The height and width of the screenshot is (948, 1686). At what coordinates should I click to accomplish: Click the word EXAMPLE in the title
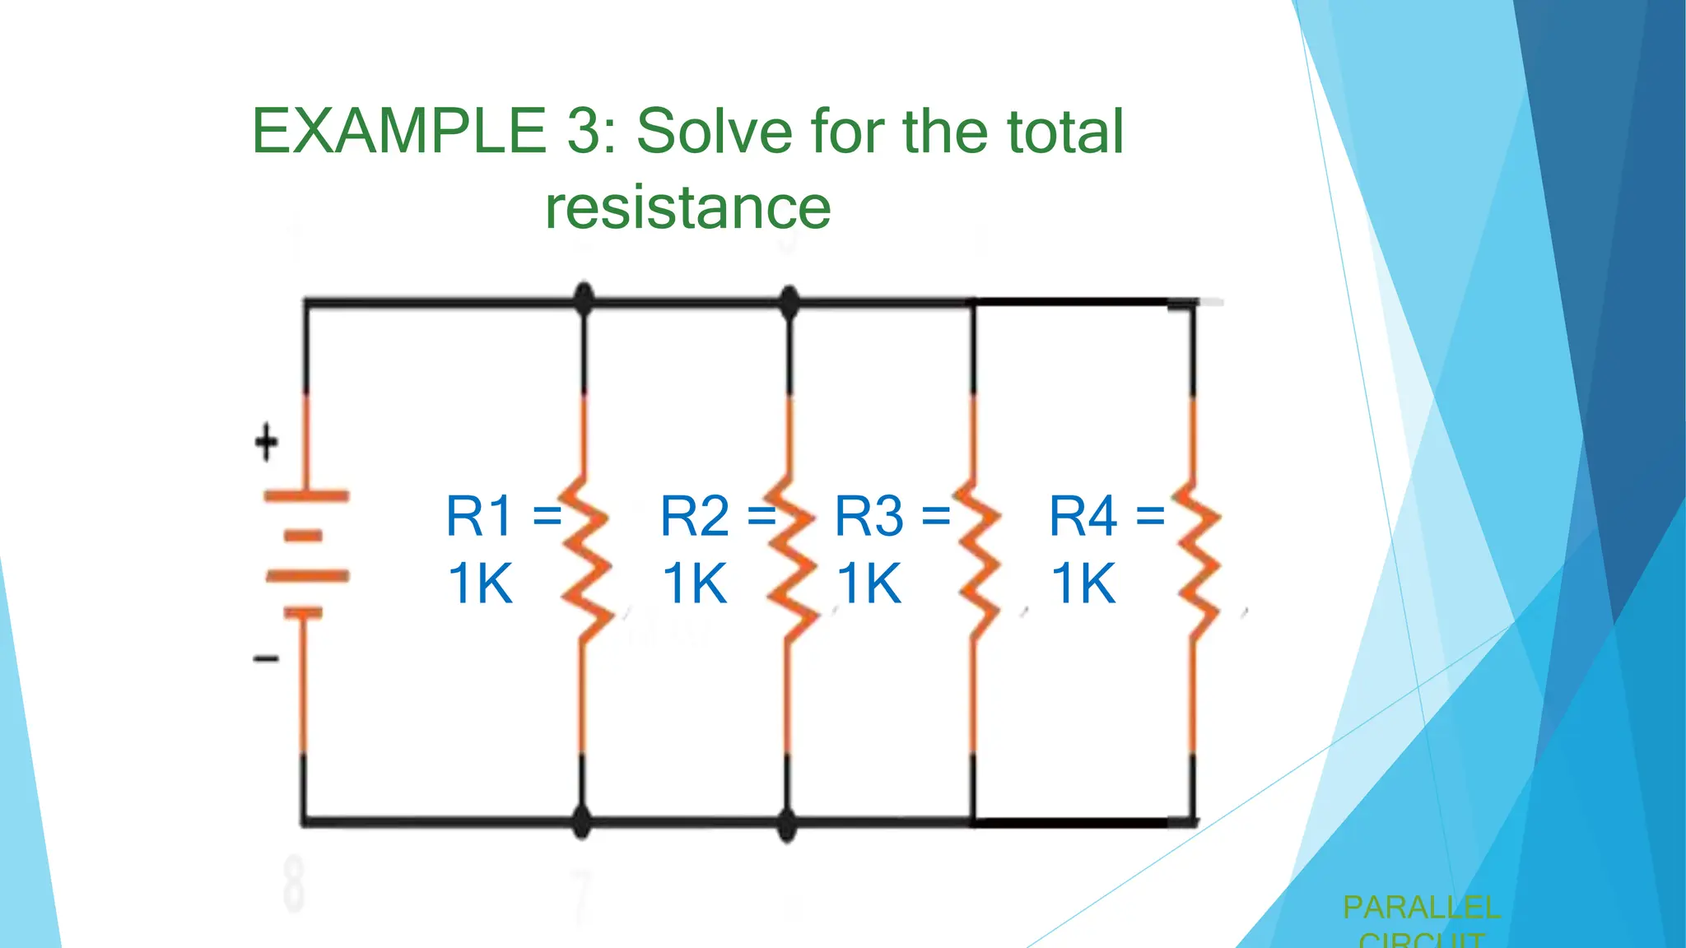point(398,132)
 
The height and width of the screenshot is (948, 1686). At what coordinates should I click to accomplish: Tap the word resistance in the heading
point(687,207)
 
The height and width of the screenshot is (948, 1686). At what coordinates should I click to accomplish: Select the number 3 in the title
point(584,132)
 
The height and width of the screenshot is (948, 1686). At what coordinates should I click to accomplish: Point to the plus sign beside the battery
point(266,443)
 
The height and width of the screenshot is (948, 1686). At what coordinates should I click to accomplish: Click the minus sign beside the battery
point(266,658)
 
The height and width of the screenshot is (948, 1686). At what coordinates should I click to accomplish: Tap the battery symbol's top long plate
point(306,496)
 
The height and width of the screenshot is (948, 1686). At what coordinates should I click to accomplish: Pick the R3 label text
point(869,517)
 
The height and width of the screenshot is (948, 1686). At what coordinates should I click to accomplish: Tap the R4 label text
point(1083,517)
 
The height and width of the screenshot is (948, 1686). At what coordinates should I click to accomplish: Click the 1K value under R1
point(480,584)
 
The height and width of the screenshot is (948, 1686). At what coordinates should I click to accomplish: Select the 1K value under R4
point(1083,584)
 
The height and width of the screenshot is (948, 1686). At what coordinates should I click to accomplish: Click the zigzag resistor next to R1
point(585,560)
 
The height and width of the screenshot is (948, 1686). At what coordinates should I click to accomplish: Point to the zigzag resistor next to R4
point(1196,560)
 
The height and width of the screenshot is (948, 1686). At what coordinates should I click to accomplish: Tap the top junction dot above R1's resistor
point(584,300)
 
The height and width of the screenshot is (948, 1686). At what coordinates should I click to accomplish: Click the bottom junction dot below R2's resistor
point(787,822)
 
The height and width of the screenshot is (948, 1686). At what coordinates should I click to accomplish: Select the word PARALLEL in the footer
point(1421,908)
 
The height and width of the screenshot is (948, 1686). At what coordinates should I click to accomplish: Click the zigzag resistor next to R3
point(977,560)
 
